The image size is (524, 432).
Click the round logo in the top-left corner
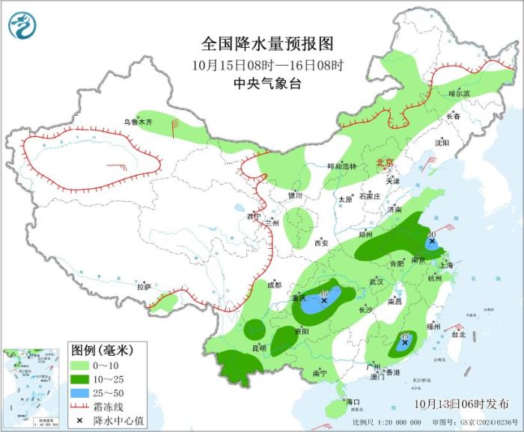[x=22, y=26]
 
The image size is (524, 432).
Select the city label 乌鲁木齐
[x=138, y=121]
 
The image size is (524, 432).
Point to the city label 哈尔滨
[x=459, y=93]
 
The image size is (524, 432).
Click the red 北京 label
[x=383, y=161]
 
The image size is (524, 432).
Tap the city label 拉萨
[x=144, y=286]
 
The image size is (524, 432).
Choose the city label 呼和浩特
[x=342, y=166]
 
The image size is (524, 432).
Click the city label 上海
[x=446, y=265]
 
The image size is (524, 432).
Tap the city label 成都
[x=274, y=285]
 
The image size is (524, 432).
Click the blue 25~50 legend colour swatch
[x=81, y=392]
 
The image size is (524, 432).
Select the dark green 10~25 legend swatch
[x=81, y=378]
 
